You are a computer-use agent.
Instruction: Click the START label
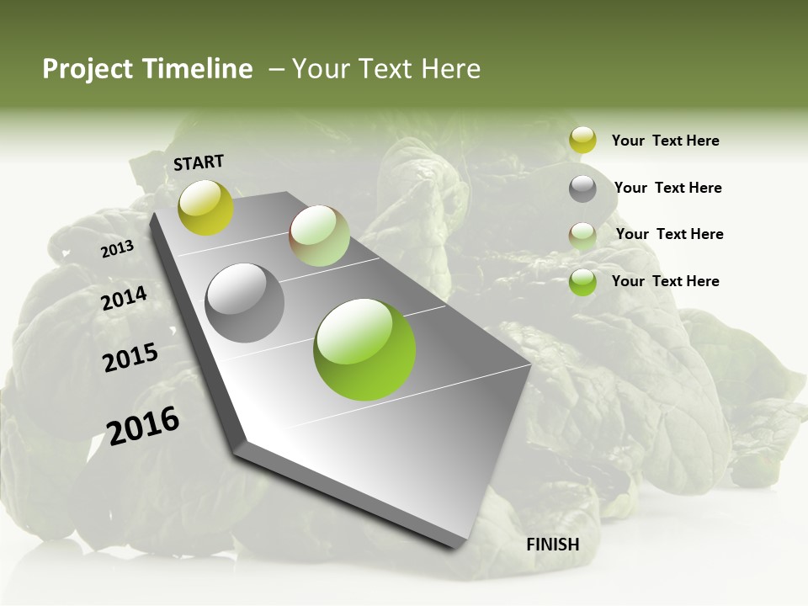[199, 162]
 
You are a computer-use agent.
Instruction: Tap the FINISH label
[553, 545]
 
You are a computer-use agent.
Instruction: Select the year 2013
[117, 249]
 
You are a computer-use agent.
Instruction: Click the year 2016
[143, 426]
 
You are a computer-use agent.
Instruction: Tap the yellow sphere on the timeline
[206, 208]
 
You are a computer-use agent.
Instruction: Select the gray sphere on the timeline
[245, 303]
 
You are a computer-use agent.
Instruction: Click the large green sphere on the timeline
[364, 349]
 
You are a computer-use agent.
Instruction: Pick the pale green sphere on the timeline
[319, 236]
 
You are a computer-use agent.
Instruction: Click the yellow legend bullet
[582, 141]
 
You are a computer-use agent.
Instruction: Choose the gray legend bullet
[582, 189]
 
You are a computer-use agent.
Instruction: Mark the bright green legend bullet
[582, 282]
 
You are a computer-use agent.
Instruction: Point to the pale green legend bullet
[582, 236]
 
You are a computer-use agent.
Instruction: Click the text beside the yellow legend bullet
[665, 141]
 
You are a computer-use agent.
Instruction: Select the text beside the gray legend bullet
[667, 188]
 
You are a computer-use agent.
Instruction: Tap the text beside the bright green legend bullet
[665, 281]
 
